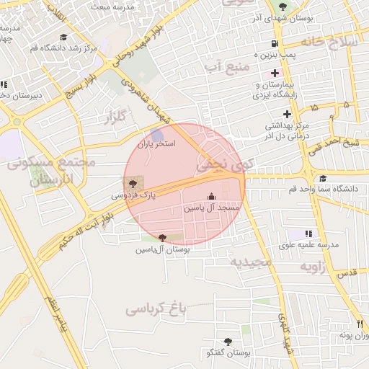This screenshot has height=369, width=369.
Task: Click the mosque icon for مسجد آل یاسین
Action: click(x=211, y=197)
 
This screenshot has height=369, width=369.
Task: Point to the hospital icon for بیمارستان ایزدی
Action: click(x=275, y=72)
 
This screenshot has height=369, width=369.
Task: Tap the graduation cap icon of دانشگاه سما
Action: click(x=322, y=178)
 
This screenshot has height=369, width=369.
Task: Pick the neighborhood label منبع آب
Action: click(x=226, y=67)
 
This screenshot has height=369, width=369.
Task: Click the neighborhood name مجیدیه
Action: click(x=249, y=262)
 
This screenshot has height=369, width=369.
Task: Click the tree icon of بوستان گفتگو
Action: click(x=228, y=342)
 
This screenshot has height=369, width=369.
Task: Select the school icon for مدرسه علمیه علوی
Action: click(x=308, y=234)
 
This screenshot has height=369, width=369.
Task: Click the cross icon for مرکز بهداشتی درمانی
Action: click(x=288, y=114)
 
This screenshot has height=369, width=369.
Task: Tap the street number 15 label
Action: click(x=314, y=107)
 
